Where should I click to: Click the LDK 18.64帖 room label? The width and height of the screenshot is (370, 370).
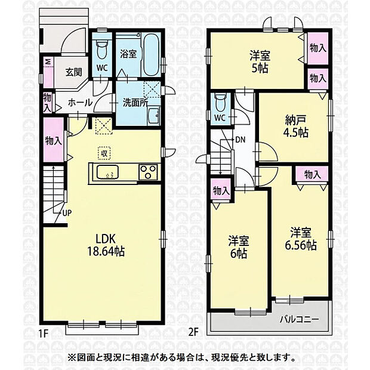point(106,245)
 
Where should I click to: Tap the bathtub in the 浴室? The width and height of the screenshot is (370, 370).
point(152,55)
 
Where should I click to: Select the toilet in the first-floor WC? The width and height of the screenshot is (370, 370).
point(102,50)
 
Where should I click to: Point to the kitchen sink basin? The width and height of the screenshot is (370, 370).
point(107,172)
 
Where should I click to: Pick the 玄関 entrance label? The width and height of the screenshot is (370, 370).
point(73,72)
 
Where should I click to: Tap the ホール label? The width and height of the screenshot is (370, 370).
point(80,103)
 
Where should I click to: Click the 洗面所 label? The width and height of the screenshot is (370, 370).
point(135,103)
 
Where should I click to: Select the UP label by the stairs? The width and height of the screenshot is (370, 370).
point(67,213)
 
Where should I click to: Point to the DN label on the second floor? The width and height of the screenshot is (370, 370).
point(240,140)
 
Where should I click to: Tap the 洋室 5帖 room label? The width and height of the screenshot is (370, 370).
point(260,62)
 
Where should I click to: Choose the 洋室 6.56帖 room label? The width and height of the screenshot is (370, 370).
point(300,239)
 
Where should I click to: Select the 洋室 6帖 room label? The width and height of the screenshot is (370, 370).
point(238,247)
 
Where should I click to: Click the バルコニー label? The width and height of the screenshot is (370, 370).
point(299,320)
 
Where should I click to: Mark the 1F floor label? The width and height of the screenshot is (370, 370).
point(43,333)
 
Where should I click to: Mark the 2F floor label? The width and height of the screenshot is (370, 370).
point(193,332)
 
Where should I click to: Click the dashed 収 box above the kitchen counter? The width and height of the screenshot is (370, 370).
point(104,153)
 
